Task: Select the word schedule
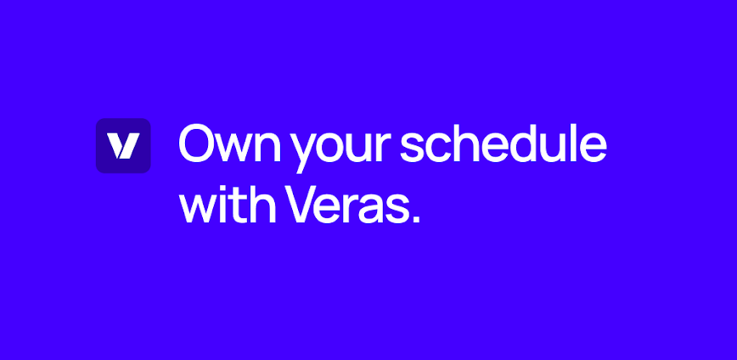504,144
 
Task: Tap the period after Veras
415,220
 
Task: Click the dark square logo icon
123,146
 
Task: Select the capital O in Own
196,144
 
